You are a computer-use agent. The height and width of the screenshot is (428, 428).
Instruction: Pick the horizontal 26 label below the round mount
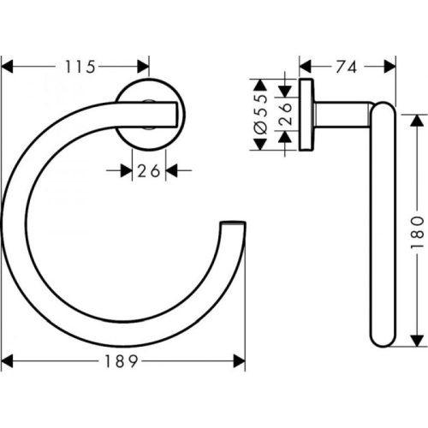[149, 171]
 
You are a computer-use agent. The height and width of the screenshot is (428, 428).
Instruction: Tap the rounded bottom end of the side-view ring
[382, 342]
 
